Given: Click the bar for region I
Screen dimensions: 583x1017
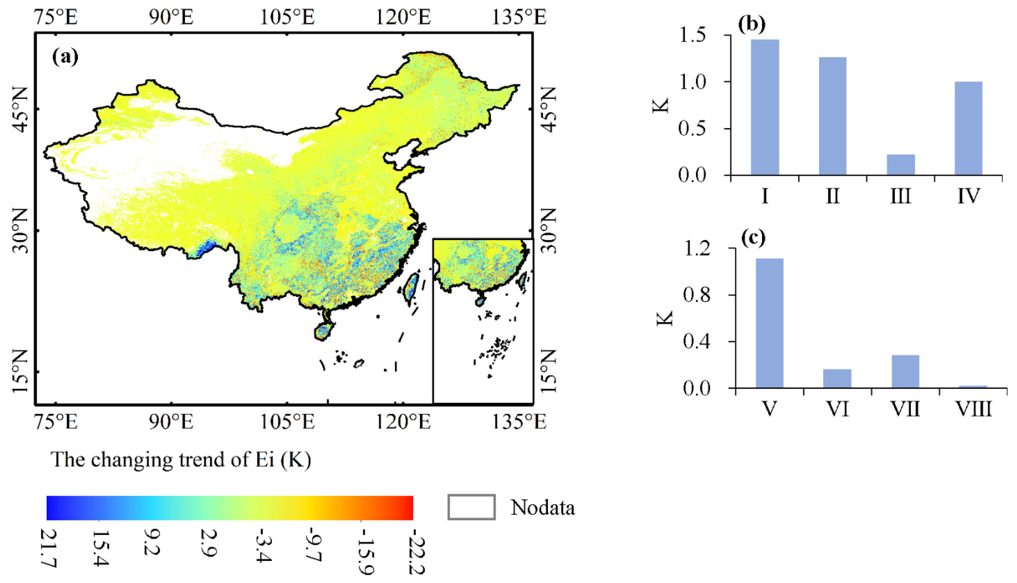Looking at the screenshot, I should click(x=765, y=107).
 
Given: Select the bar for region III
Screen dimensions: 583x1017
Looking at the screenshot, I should click(x=901, y=165).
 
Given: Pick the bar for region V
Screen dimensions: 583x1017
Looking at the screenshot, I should click(x=770, y=323).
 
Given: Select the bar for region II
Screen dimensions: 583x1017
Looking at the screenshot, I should click(x=833, y=116).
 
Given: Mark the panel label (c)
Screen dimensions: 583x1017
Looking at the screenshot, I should click(x=753, y=238).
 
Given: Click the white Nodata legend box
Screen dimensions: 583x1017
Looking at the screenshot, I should click(x=471, y=507).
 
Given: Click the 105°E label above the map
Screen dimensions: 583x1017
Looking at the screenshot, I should click(x=287, y=17).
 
